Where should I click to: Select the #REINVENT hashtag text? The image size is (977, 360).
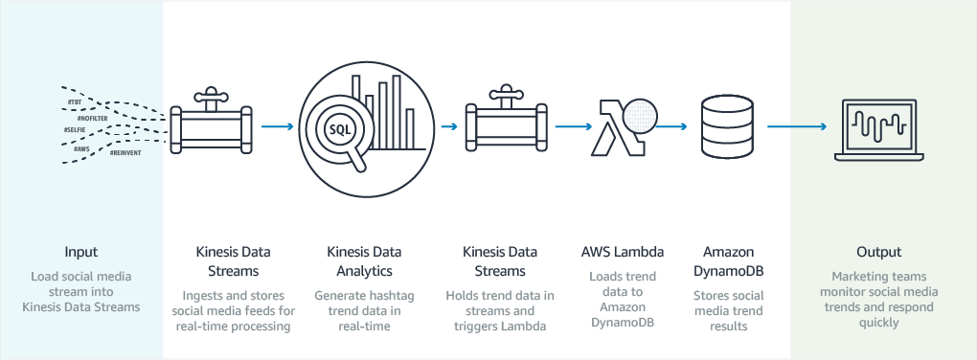coord(125,152)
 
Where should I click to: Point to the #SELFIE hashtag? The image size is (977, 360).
coord(76,128)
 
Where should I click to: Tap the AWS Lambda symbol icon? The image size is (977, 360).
coord(611,126)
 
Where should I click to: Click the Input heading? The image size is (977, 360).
coord(80,253)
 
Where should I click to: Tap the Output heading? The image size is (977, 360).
coord(879,253)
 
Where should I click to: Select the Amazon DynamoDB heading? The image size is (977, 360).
coord(730,261)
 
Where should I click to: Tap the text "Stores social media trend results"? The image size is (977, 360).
coord(730,312)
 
